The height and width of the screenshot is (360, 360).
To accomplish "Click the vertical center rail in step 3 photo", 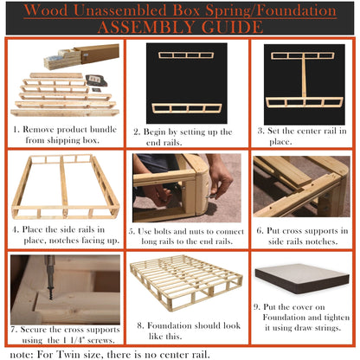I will tap(304, 82).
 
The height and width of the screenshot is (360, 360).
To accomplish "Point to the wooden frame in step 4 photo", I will tap(62, 186).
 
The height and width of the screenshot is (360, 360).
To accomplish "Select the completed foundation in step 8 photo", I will tap(181, 286).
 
